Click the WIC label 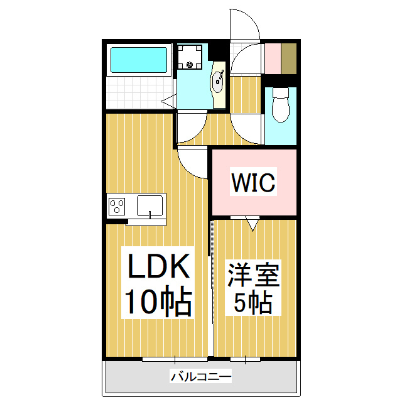click(x=254, y=183)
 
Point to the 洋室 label click(x=254, y=276)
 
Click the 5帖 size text click(x=254, y=304)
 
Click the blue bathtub click(x=139, y=60)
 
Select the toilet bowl click(x=281, y=107)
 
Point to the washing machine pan click(x=190, y=58)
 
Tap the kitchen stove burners click(x=117, y=205)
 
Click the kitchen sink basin click(x=149, y=205)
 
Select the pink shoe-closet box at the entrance click(x=272, y=58)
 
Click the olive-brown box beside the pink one click(x=289, y=58)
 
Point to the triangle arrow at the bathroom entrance click(x=168, y=99)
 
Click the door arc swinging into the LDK click(x=192, y=162)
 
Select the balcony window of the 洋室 click(x=245, y=359)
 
